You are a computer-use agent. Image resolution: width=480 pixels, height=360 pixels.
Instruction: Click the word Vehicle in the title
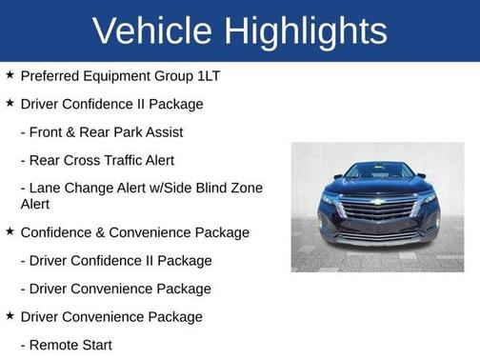pyautogui.click(x=152, y=30)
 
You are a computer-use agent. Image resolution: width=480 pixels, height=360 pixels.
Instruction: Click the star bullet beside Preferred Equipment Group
pyautogui.click(x=10, y=74)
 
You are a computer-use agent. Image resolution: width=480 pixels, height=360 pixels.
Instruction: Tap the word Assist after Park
pyautogui.click(x=161, y=132)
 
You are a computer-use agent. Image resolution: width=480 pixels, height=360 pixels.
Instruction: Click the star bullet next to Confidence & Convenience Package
pyautogui.click(x=10, y=231)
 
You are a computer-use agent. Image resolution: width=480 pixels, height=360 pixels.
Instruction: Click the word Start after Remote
pyautogui.click(x=95, y=345)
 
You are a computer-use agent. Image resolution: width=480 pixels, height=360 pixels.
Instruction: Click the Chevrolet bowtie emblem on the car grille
pyautogui.click(x=378, y=202)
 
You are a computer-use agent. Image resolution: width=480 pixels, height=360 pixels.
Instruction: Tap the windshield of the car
pyautogui.click(x=378, y=171)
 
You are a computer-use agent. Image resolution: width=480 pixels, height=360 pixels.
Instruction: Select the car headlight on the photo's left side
pyautogui.click(x=330, y=199)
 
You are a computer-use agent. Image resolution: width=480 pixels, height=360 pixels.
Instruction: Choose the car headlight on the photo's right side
pyautogui.click(x=428, y=199)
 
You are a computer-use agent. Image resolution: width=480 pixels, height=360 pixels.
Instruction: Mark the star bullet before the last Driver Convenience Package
pyautogui.click(x=10, y=316)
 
